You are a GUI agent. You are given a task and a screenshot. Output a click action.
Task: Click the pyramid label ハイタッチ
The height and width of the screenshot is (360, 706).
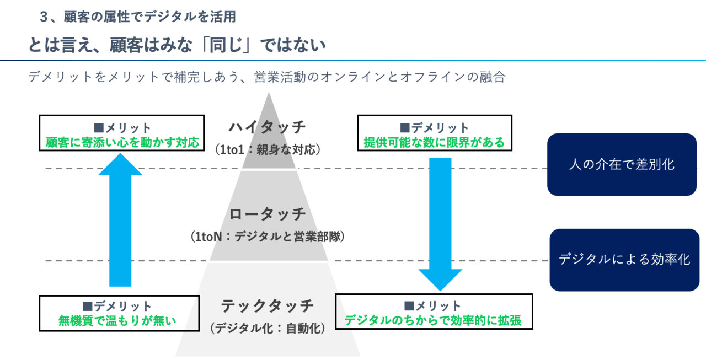pyautogui.click(x=268, y=127)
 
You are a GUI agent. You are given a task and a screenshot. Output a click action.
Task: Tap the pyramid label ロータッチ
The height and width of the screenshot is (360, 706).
pyautogui.click(x=268, y=214)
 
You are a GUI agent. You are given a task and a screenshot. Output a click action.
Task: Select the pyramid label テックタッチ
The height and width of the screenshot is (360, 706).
pyautogui.click(x=268, y=305)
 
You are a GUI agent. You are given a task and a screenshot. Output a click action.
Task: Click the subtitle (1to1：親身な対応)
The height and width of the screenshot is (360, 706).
pyautogui.click(x=268, y=149)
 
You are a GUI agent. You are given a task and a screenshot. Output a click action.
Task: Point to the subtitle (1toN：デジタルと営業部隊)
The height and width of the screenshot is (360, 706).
pyautogui.click(x=268, y=237)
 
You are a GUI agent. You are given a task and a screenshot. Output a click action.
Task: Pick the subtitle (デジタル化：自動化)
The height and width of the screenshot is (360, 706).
pyautogui.click(x=268, y=327)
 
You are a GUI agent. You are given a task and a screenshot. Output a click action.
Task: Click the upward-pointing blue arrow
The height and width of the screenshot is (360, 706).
pyautogui.click(x=120, y=221)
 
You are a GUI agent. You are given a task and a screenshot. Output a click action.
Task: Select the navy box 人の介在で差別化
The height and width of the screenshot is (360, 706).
pyautogui.click(x=622, y=164)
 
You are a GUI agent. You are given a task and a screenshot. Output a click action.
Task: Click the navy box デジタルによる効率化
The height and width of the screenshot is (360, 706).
pyautogui.click(x=624, y=260)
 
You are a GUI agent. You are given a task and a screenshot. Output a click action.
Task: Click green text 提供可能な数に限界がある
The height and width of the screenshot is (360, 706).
pyautogui.click(x=434, y=143)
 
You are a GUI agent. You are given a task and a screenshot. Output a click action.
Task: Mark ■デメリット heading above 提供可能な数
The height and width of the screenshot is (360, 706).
pyautogui.click(x=434, y=128)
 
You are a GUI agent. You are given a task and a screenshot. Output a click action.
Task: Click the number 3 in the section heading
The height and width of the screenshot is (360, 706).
pyautogui.click(x=44, y=17)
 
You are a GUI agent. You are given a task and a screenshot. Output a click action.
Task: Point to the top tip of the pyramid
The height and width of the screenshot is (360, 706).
pyautogui.click(x=269, y=93)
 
